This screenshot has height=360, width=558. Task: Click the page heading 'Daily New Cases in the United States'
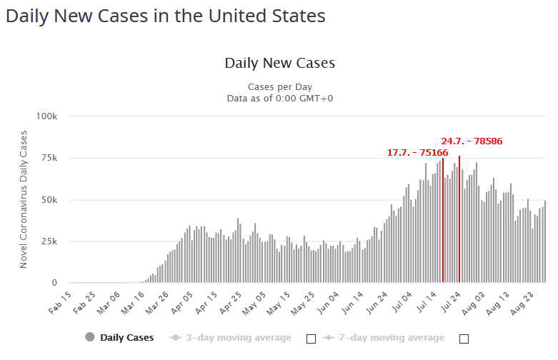tap(165, 16)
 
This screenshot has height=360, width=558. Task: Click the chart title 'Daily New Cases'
tap(279, 63)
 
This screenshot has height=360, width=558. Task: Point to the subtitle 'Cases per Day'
tap(279, 87)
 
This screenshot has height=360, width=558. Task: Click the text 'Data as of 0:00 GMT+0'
tap(279, 99)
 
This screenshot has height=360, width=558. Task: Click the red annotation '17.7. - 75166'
tap(417, 152)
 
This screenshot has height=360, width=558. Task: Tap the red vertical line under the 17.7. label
tap(443, 221)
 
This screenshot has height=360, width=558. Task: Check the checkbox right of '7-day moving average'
tap(464, 339)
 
